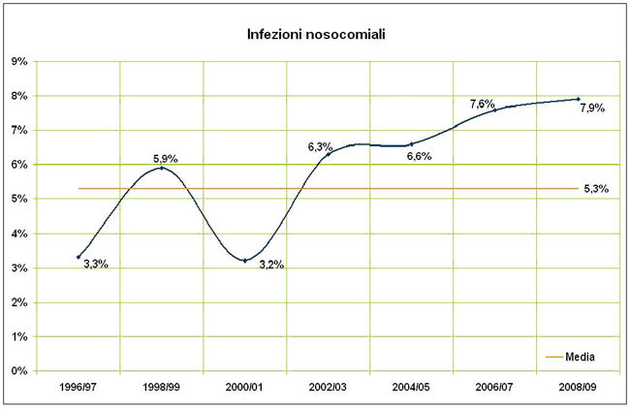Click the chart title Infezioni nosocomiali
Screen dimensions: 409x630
point(315,35)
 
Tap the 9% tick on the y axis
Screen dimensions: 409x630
point(18,61)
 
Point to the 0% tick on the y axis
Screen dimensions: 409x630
point(18,371)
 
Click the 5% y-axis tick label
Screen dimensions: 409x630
point(18,199)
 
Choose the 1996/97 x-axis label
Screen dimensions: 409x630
point(78,386)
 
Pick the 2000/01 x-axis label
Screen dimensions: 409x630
point(244,386)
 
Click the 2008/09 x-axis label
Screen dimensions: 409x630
point(579,386)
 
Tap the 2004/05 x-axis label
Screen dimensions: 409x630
point(412,386)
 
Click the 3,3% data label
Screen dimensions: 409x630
point(95,264)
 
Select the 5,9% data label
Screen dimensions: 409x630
point(166,158)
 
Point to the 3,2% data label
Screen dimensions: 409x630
point(271,265)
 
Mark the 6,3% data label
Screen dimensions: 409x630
point(321,146)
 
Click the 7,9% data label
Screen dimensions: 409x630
point(592,109)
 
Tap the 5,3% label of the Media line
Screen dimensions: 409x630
point(596,189)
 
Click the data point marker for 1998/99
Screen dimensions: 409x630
point(161,168)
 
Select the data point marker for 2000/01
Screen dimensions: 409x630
point(244,261)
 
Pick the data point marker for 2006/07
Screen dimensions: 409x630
point(495,110)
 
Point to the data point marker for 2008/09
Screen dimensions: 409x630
point(579,99)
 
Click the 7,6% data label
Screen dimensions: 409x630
point(483,104)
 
